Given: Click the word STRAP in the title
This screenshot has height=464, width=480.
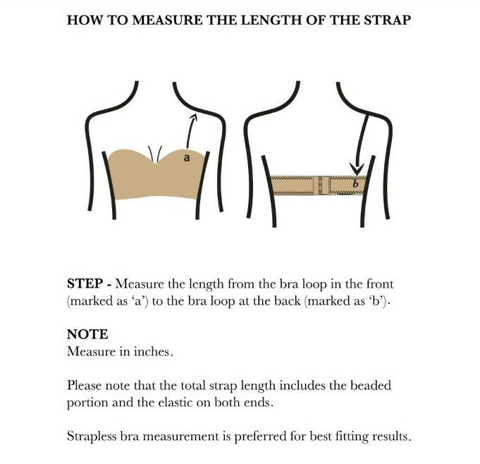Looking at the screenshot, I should (x=388, y=20).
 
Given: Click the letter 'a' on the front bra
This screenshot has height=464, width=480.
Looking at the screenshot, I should (x=186, y=158).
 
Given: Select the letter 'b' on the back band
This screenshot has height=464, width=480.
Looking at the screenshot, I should (x=355, y=184).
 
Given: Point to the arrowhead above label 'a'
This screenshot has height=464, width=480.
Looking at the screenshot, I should (x=193, y=118).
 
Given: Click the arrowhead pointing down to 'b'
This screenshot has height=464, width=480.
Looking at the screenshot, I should (x=357, y=169).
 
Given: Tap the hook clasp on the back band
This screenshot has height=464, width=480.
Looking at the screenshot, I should (x=321, y=185).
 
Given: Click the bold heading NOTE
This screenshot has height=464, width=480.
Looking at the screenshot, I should (x=87, y=334).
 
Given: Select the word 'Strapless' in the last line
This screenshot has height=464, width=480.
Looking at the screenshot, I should (x=92, y=436).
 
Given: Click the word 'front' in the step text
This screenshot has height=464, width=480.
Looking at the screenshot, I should (x=378, y=284).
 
